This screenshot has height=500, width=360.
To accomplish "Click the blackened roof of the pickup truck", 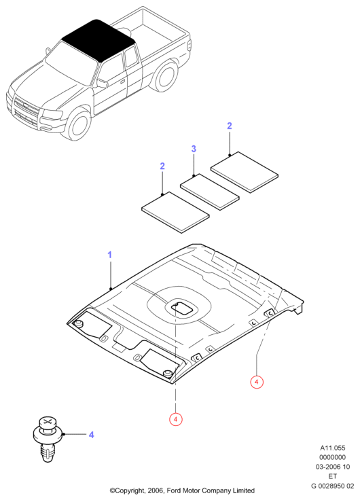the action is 97,39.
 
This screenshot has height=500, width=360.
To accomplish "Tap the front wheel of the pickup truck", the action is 79,125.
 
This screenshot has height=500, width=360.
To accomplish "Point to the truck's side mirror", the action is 103,84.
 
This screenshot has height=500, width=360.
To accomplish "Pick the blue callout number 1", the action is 109,255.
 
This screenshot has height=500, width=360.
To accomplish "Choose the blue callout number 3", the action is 194,149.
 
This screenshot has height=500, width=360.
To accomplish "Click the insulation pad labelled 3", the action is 209,192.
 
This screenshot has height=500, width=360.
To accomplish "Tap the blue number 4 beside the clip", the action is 91,435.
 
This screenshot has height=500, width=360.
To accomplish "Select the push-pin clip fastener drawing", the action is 48,439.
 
